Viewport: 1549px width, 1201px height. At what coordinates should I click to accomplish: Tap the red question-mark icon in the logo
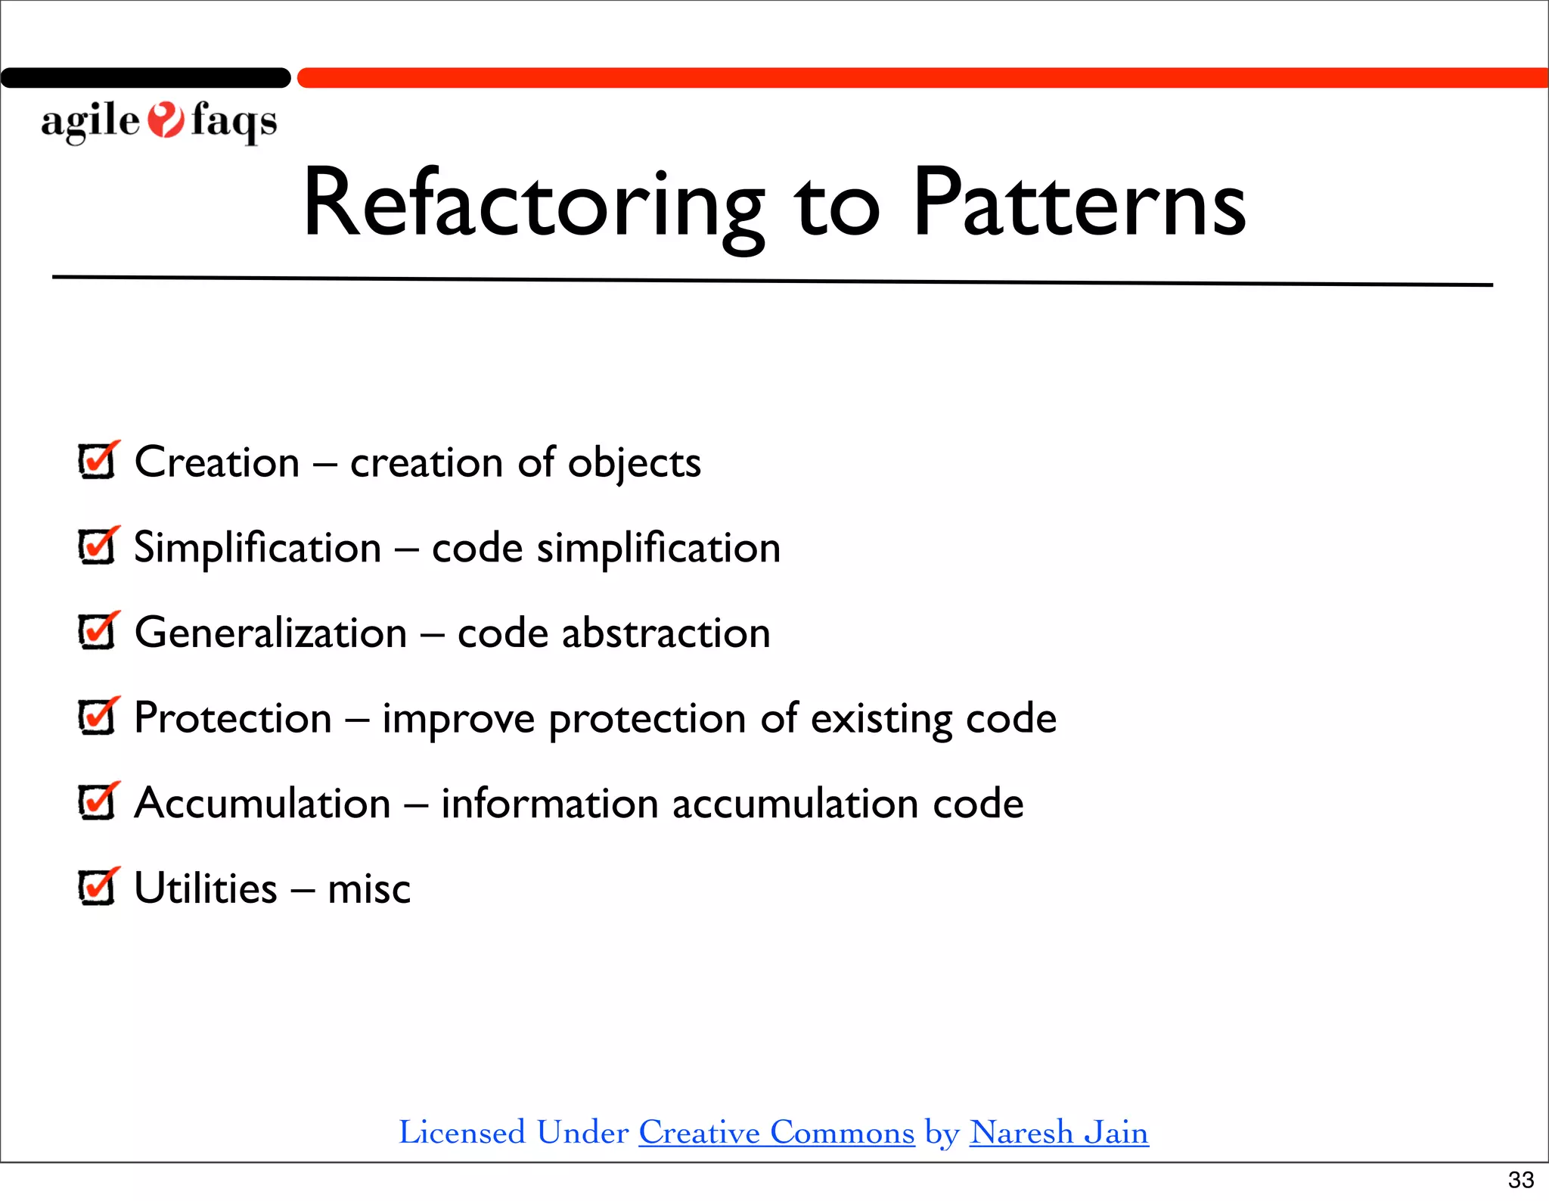(166, 120)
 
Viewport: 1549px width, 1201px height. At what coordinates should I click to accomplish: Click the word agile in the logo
(90, 121)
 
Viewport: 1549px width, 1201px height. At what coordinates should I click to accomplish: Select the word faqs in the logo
(234, 121)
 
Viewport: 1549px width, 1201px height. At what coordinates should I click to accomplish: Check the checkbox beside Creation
(97, 461)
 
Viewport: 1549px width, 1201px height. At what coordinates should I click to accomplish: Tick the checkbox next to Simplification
(97, 546)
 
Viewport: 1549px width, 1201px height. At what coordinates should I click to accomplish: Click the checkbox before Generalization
(97, 632)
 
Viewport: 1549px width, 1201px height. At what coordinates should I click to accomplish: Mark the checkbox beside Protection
(97, 717)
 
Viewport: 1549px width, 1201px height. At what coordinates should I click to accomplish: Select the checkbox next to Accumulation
(97, 802)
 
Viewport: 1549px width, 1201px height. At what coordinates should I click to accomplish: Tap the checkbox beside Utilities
(97, 887)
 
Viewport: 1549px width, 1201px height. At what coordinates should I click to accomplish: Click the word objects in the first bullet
(634, 462)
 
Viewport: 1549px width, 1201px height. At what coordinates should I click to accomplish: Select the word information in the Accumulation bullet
(549, 803)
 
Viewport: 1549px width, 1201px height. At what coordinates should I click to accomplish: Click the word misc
(369, 888)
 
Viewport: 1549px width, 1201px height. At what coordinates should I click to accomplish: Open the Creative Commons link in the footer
(776, 1132)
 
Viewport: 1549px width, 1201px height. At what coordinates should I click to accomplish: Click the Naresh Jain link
(1058, 1132)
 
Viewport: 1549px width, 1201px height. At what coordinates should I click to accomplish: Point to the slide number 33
(1520, 1179)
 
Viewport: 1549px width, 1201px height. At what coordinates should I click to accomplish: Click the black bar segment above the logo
(145, 78)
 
